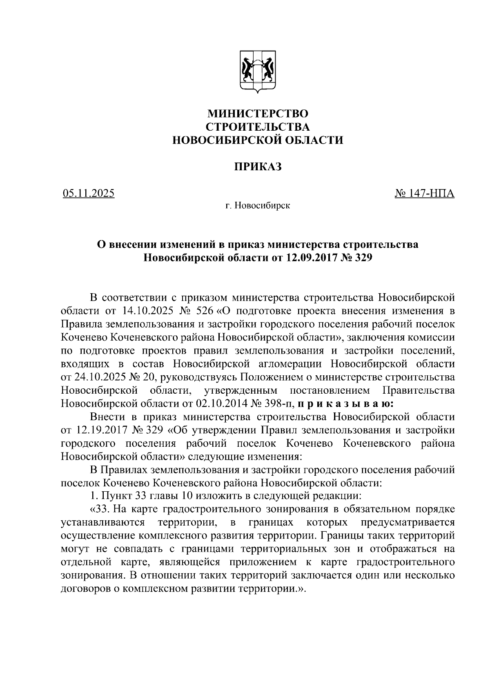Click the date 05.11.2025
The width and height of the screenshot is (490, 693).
coord(89,193)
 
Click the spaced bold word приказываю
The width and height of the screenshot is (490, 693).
coord(345,403)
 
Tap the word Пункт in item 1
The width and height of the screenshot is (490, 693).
coord(115,497)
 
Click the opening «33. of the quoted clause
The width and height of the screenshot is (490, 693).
coord(99,510)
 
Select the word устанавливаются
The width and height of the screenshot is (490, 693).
coord(102,523)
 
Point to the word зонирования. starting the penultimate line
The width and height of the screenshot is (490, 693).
coord(91,576)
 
